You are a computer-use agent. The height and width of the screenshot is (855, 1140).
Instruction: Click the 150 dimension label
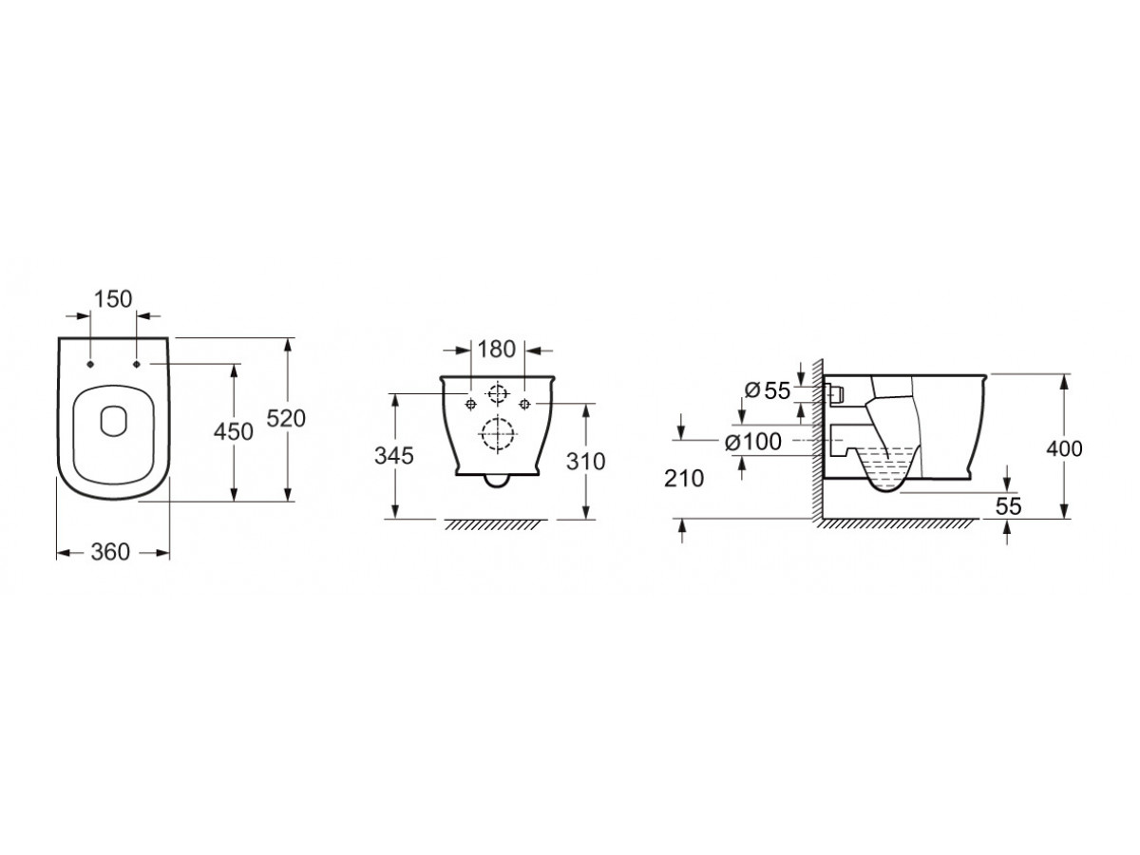pyautogui.click(x=113, y=298)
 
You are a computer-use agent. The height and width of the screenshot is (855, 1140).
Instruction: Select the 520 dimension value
pyautogui.click(x=286, y=418)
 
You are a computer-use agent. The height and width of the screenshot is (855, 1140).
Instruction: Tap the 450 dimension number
pyautogui.click(x=233, y=431)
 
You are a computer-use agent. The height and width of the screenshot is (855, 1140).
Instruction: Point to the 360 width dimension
pyautogui.click(x=110, y=552)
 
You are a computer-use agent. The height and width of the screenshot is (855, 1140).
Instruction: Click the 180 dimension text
pyautogui.click(x=496, y=349)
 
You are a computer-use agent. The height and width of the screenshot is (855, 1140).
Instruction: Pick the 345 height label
pyautogui.click(x=393, y=456)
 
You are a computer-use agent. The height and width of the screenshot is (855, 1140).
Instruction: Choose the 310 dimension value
pyautogui.click(x=585, y=461)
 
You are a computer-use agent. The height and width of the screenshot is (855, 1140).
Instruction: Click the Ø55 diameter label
pyautogui.click(x=767, y=390)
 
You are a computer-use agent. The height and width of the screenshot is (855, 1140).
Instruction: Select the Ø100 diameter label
pyautogui.click(x=753, y=443)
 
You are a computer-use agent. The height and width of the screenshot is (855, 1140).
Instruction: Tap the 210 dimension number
pyautogui.click(x=683, y=479)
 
